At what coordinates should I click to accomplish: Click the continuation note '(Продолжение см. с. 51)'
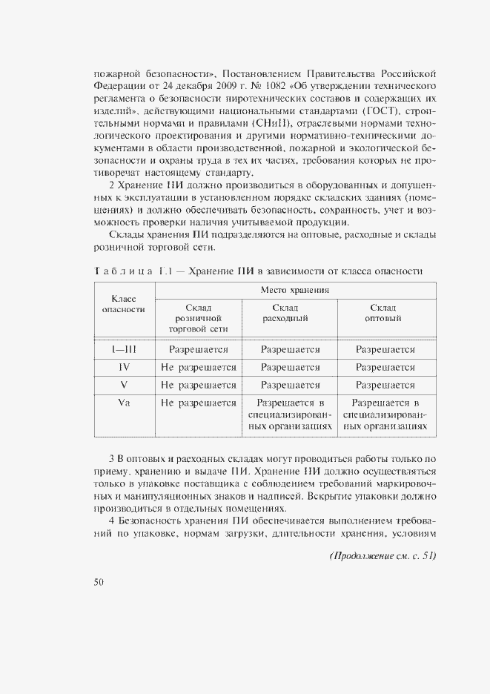click(383, 557)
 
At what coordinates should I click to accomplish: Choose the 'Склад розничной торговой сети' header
click(198, 317)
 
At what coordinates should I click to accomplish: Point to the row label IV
click(124, 367)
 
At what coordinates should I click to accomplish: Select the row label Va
click(124, 403)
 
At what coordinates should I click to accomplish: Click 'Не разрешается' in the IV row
click(198, 367)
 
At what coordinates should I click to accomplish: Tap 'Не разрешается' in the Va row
click(198, 403)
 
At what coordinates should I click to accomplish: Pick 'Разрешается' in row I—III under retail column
click(198, 349)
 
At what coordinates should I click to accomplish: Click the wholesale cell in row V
click(385, 385)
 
